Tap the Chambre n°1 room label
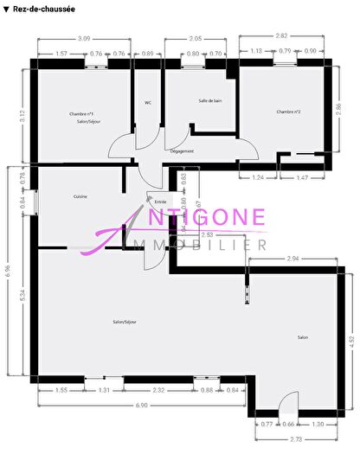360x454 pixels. point(81,114)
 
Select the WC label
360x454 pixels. point(148,103)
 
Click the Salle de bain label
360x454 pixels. point(210,101)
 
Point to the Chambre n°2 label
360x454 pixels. point(288,112)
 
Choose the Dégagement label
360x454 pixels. point(182,151)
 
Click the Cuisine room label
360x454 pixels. point(80,197)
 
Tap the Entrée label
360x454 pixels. point(160,201)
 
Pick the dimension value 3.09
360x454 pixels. point(84,39)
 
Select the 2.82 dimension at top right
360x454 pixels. point(280,35)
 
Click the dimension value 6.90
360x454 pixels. point(139,406)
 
